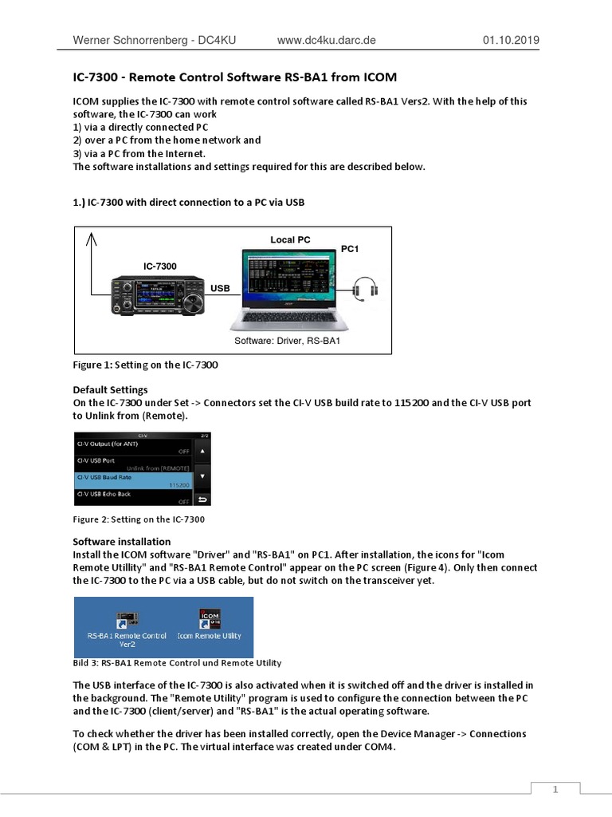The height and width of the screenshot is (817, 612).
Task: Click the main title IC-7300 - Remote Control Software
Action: (x=229, y=77)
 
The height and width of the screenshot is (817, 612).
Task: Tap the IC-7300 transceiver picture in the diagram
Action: (x=153, y=296)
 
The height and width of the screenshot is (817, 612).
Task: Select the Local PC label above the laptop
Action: (x=290, y=239)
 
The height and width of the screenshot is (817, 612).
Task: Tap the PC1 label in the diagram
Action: (x=350, y=249)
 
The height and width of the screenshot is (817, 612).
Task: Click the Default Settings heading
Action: (x=111, y=390)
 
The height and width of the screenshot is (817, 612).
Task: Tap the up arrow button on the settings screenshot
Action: (x=202, y=450)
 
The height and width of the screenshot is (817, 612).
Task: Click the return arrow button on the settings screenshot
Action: (x=202, y=500)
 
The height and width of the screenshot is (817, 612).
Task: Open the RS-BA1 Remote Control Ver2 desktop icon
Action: (x=127, y=627)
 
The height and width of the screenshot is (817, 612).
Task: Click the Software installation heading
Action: (x=122, y=542)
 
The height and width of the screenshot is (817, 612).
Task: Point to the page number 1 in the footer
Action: (x=555, y=789)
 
